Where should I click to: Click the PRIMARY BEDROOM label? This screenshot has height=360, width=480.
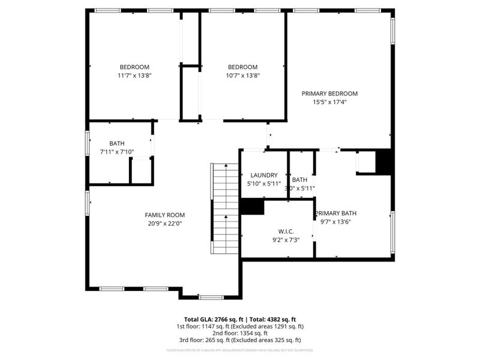[329, 94]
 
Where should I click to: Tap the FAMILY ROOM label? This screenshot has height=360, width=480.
[165, 215]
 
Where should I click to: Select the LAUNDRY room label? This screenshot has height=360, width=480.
[264, 175]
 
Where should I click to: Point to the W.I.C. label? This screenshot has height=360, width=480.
[286, 232]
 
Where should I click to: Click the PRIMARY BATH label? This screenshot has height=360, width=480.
[337, 213]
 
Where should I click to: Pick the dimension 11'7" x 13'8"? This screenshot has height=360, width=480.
[134, 75]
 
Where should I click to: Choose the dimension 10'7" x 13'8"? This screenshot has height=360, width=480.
[243, 75]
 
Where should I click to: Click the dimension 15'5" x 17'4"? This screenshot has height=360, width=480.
[329, 102]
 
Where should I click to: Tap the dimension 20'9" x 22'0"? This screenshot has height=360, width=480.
[165, 223]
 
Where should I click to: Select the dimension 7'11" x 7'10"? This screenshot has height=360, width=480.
[117, 152]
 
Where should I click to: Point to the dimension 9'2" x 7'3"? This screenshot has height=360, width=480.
[286, 240]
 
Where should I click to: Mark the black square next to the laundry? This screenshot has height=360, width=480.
[253, 206]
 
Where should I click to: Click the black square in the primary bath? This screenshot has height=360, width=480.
[385, 161]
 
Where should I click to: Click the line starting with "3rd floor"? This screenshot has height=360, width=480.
[239, 340]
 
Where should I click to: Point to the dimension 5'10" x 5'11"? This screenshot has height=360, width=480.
[264, 184]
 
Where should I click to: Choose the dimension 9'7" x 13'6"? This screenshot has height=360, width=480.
[335, 221]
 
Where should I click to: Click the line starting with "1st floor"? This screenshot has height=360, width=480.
[239, 326]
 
